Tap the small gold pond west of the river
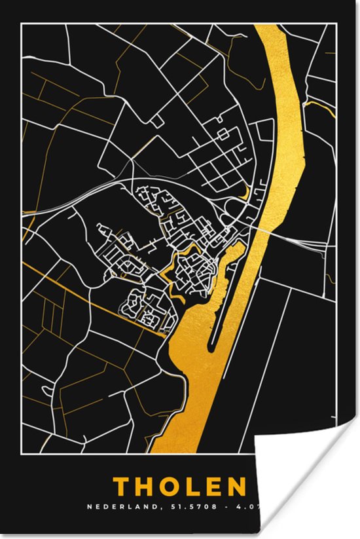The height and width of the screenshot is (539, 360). pos(245,192)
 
